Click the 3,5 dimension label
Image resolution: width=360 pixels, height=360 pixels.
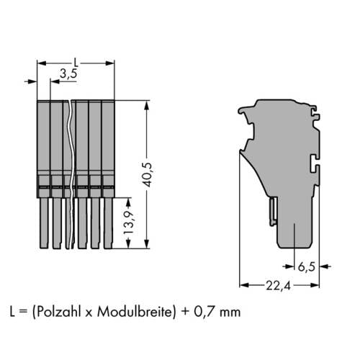tap(68, 73)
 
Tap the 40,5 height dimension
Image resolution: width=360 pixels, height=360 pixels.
tap(147, 174)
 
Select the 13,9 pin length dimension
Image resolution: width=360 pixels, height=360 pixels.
tap(129, 222)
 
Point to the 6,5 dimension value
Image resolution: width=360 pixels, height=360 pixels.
tap(306, 266)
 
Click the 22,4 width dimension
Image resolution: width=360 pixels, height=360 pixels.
tap(278, 286)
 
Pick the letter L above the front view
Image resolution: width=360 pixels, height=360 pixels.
tap(76, 63)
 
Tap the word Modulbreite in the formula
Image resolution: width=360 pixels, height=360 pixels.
tap(135, 312)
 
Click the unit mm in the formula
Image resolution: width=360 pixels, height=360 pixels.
tap(230, 313)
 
